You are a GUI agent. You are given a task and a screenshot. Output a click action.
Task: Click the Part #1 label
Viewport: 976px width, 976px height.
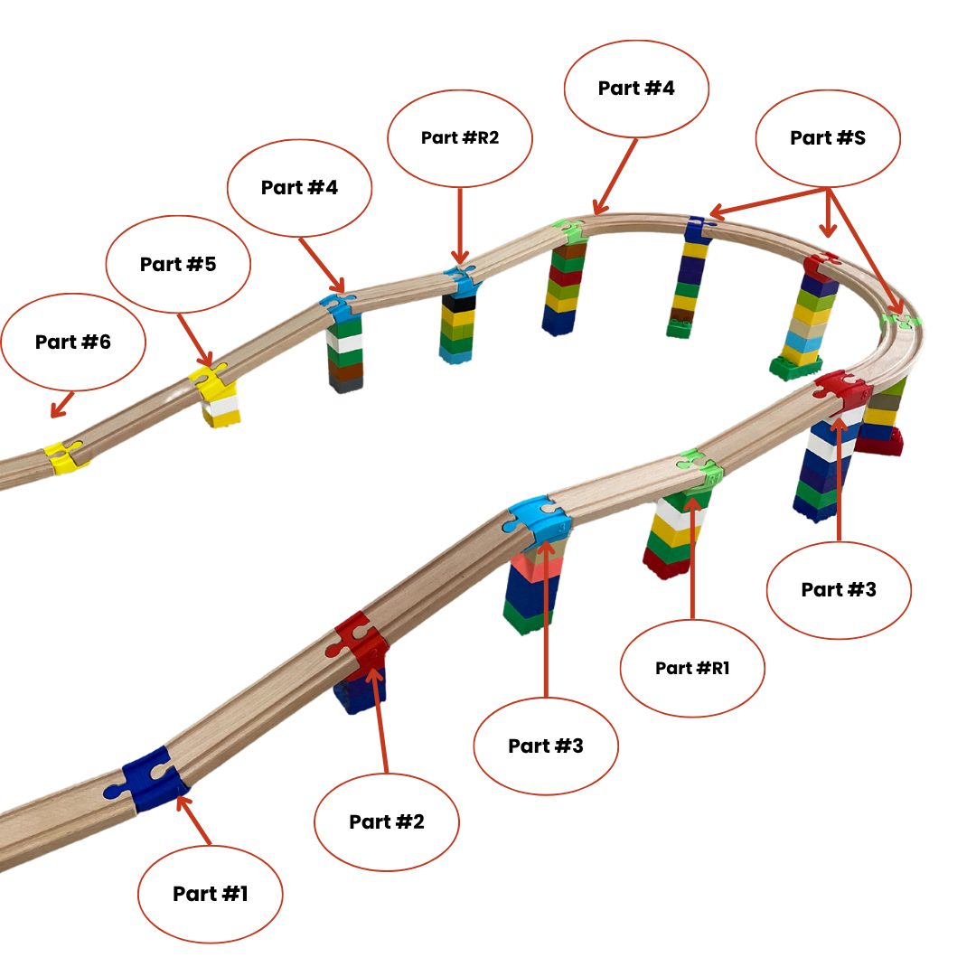[210, 894]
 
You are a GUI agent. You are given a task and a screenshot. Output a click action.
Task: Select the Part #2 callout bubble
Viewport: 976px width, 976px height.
[387, 821]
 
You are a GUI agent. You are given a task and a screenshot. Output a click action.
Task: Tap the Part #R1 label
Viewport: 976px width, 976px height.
[692, 668]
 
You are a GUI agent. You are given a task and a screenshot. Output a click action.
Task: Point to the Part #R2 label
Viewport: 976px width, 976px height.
[460, 138]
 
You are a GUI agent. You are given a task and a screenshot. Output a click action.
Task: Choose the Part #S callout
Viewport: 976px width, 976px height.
[828, 137]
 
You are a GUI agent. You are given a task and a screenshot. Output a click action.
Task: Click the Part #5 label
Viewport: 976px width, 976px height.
[179, 264]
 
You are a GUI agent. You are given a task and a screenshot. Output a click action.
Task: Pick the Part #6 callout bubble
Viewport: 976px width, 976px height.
[73, 342]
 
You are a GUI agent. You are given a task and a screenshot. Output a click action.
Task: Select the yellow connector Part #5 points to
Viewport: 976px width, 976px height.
[209, 380]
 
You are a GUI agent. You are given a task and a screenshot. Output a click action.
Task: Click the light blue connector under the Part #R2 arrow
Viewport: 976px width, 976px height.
[462, 279]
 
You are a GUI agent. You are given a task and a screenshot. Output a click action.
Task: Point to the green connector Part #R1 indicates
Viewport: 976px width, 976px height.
[697, 469]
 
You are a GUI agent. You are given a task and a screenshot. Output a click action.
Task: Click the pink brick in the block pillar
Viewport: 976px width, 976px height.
[536, 568]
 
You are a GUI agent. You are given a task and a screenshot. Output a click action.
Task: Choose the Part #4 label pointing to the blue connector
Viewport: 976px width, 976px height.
[299, 187]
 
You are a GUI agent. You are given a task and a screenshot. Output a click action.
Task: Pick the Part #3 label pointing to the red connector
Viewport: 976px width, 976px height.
[839, 589]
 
